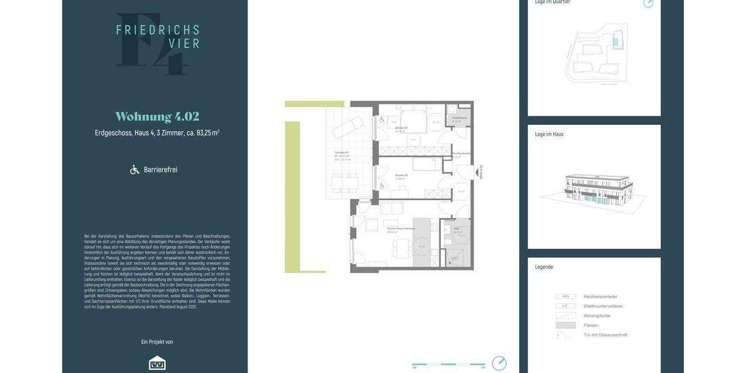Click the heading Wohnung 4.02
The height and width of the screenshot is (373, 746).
click(x=157, y=117)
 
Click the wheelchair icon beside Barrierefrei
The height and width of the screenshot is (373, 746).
click(x=134, y=170)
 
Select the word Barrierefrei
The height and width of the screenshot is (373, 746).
click(x=160, y=170)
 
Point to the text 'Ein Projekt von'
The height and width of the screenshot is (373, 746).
click(x=157, y=342)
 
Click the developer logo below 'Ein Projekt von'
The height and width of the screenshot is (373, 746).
click(x=157, y=363)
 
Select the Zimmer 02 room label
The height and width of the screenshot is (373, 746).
click(x=401, y=176)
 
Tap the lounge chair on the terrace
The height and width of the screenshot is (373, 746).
click(x=344, y=126)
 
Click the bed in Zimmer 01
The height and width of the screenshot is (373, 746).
click(x=410, y=122)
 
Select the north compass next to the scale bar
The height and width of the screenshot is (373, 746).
click(x=499, y=363)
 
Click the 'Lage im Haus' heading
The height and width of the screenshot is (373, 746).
click(x=550, y=134)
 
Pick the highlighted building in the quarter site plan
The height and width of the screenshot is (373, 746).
click(x=616, y=42)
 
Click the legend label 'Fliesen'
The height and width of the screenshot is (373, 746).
click(x=591, y=325)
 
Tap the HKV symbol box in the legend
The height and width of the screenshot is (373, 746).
click(x=566, y=297)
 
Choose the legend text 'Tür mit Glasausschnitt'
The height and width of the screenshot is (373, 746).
click(x=606, y=335)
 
